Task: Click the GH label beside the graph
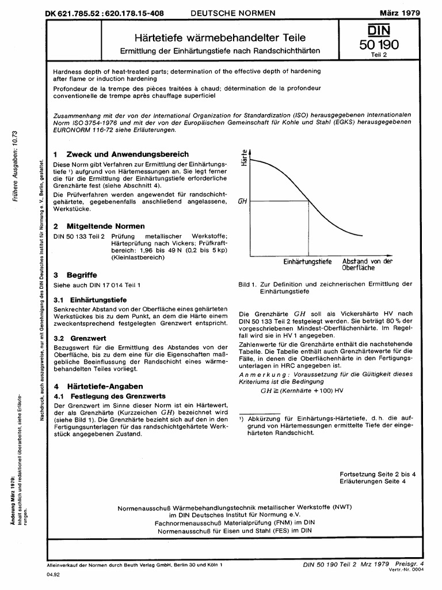(242, 202)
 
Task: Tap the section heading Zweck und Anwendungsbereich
(127, 154)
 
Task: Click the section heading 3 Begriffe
(75, 275)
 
